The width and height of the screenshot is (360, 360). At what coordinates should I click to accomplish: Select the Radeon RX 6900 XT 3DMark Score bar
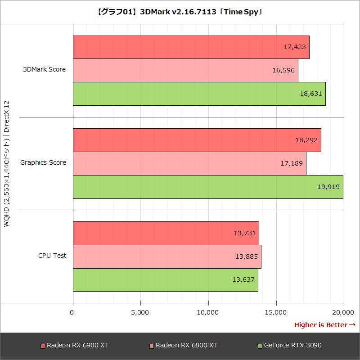tap(191, 47)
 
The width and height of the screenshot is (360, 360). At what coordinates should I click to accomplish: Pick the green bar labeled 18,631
tap(199, 94)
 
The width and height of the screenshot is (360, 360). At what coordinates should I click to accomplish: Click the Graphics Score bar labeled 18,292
tap(197, 140)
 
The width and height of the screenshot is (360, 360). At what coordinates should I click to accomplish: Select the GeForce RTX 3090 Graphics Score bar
tap(208, 187)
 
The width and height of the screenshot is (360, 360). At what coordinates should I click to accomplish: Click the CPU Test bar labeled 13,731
tap(166, 233)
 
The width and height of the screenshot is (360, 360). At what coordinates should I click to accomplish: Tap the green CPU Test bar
tap(165, 280)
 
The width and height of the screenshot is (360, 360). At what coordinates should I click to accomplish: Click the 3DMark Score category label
tap(45, 69)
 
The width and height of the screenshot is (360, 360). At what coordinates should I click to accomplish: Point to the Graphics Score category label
tap(43, 162)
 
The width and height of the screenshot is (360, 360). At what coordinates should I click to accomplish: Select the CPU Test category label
tap(52, 256)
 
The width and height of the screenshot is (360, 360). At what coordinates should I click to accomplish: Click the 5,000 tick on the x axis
tap(140, 312)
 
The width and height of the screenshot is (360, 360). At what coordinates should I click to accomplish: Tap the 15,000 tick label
tap(276, 312)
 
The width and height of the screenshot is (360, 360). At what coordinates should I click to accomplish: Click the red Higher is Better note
tap(324, 324)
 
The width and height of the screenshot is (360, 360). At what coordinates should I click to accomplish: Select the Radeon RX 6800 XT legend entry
tap(184, 346)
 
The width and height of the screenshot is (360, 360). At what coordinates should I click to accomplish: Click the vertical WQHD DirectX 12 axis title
tap(7, 164)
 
